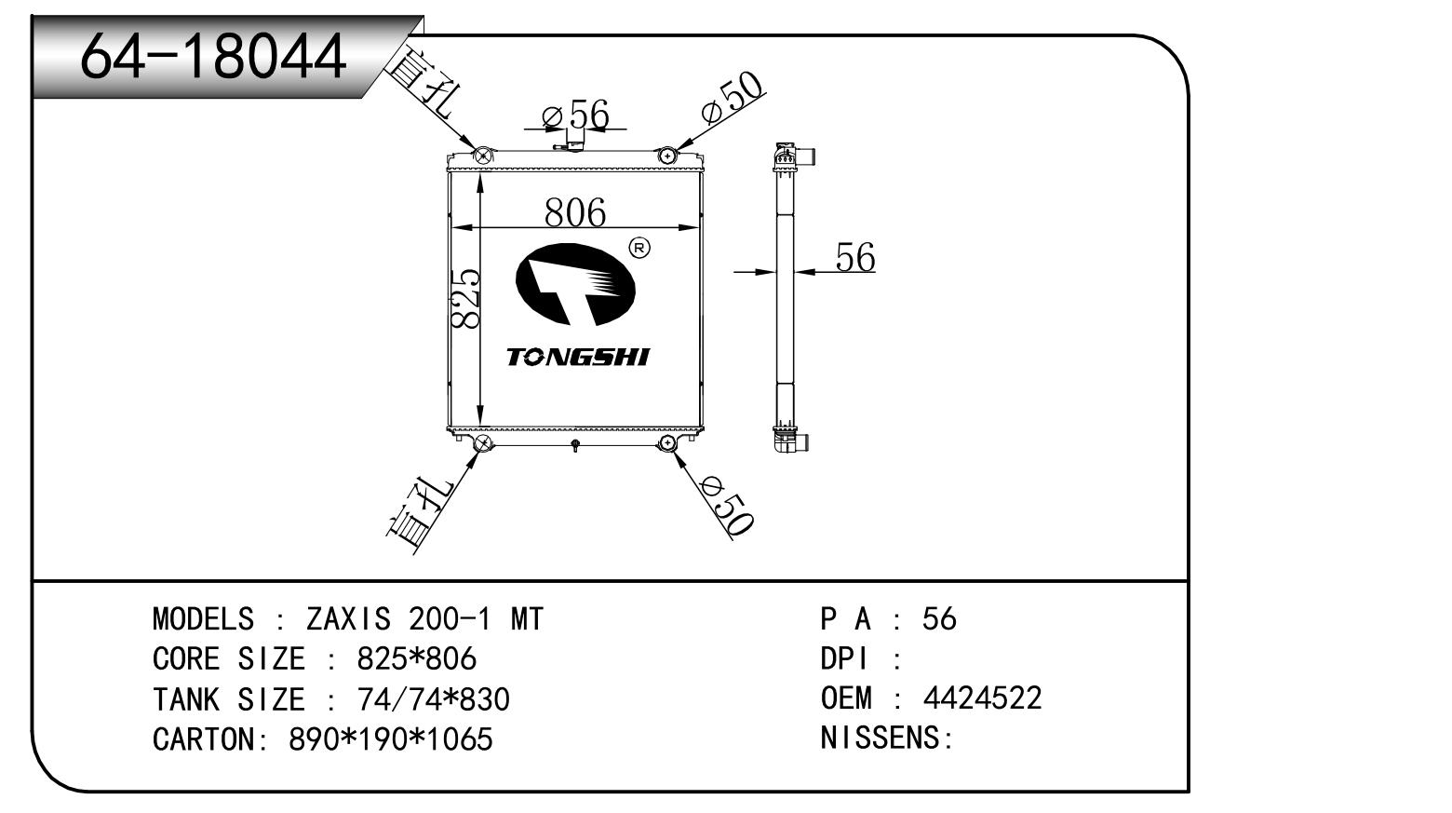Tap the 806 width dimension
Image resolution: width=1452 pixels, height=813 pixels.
point(574,212)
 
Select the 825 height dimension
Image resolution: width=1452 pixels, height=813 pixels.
point(465,298)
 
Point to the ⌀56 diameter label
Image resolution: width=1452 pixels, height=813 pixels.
point(576,115)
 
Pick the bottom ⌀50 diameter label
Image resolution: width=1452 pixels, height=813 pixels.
point(727,506)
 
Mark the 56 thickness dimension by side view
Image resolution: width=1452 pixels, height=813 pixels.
point(854,257)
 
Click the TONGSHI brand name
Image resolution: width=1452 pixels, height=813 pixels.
point(578,357)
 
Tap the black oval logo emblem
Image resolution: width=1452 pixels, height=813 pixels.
point(575,284)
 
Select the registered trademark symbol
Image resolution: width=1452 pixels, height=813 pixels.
point(639,248)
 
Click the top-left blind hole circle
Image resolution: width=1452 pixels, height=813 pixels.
point(483,156)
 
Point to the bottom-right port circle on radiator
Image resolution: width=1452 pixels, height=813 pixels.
point(668,442)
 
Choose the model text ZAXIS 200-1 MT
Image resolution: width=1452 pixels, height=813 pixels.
point(423,619)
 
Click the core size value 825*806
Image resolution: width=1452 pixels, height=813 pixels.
point(416,659)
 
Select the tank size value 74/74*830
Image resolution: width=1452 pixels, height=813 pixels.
point(433,699)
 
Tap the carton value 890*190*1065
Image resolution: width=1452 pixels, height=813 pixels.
point(390,739)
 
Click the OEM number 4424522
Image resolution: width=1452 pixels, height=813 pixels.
point(982,698)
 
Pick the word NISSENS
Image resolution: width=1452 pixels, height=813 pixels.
point(881,738)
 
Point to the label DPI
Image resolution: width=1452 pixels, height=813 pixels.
point(844,659)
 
